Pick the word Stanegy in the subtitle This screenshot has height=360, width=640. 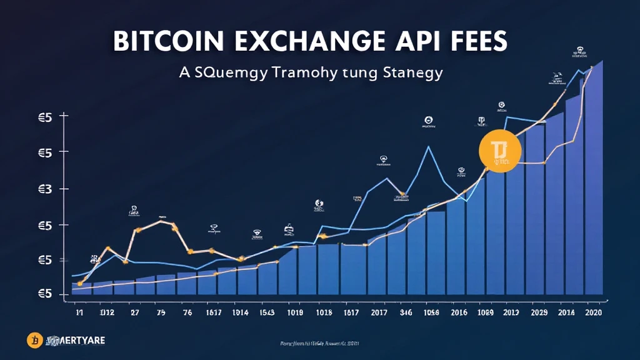click(x=410, y=73)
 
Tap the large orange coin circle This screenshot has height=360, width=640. click(x=500, y=151)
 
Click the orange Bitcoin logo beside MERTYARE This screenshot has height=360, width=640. click(x=35, y=340)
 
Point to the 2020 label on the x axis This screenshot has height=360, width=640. click(x=592, y=312)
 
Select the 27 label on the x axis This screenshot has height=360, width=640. click(x=135, y=312)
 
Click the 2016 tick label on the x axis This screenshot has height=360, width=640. click(x=459, y=312)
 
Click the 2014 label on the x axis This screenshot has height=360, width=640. click(x=566, y=312)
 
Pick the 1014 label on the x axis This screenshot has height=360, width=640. click(x=240, y=312)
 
